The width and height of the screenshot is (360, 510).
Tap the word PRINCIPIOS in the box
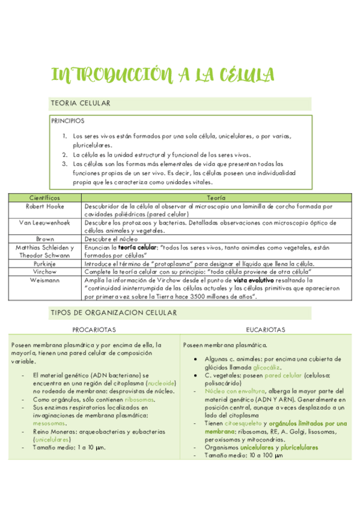click(68, 121)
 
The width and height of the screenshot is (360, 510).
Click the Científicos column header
click(44, 198)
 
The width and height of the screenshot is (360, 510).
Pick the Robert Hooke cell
click(44, 206)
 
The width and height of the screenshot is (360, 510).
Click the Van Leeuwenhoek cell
click(44, 222)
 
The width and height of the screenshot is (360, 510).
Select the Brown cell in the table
click(44, 238)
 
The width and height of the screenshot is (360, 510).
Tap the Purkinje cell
click(44, 263)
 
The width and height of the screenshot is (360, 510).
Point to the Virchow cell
click(44, 271)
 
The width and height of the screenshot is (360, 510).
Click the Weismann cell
click(44, 280)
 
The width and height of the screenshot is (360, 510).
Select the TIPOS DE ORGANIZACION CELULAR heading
click(114, 313)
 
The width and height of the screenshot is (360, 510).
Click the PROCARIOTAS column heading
click(94, 330)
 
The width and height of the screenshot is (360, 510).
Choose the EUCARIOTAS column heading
click(266, 330)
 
